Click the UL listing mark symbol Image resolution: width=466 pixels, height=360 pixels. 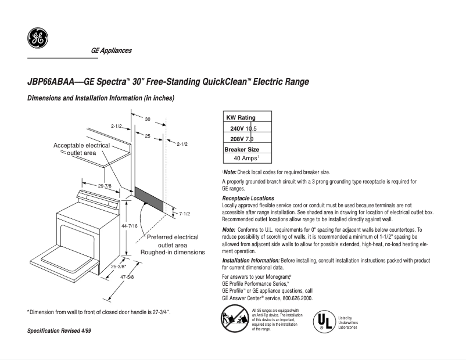point(324,322)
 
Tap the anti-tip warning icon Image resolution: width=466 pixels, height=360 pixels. point(234,319)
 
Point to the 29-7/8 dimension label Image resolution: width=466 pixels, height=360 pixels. point(105,186)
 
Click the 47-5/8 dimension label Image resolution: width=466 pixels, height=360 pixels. point(126,278)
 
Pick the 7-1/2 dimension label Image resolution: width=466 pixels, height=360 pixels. point(185,214)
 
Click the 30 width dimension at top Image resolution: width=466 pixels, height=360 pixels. point(148,119)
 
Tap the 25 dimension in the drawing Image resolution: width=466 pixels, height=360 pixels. point(148,136)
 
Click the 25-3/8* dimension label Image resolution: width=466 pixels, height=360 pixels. point(120,267)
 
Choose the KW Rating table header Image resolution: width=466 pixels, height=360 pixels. point(241,118)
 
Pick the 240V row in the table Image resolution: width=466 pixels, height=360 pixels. point(243,128)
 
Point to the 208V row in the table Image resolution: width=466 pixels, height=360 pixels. point(242,139)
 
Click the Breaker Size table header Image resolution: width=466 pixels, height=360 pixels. point(242,149)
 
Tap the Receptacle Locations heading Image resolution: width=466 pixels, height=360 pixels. point(245,199)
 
